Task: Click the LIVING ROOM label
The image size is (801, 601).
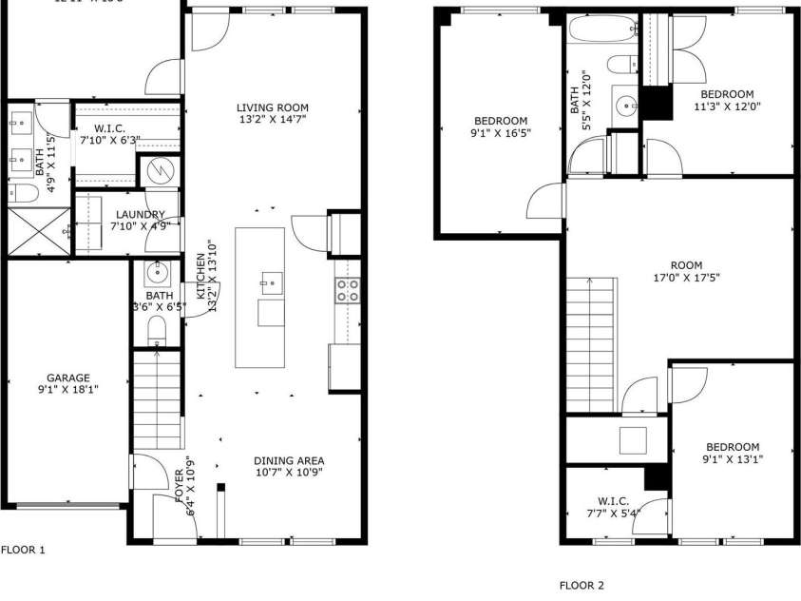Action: click(x=273, y=107)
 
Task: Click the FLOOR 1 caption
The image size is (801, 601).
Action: click(x=22, y=550)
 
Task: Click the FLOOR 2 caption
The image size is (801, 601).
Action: click(x=581, y=585)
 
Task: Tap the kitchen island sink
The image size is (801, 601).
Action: click(x=271, y=282)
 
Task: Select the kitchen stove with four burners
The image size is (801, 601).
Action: click(x=348, y=290)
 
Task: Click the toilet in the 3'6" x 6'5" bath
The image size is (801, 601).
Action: click(x=158, y=330)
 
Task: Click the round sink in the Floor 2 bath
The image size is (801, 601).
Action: click(x=624, y=104)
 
